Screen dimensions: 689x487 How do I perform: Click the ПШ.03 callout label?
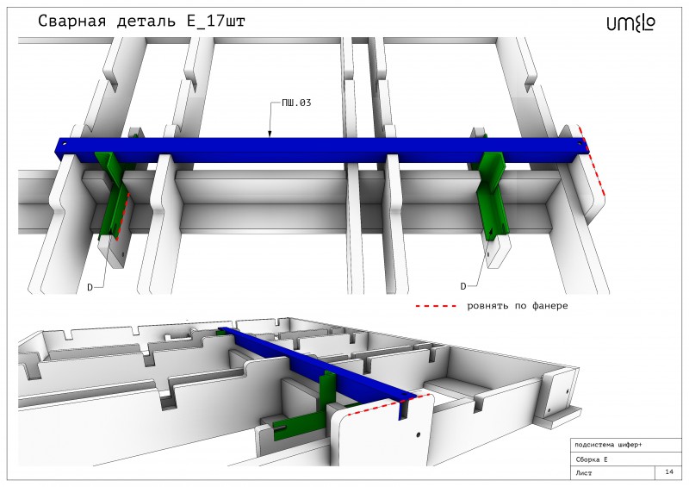pos(296,103)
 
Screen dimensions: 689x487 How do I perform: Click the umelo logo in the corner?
pos(631,23)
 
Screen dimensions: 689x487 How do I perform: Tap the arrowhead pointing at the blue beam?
pos(270,134)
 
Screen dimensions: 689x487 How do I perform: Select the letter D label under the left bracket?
pos(90,288)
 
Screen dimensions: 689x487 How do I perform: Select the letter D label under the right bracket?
pos(462,286)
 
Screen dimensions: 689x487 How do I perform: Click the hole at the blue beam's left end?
pos(64,144)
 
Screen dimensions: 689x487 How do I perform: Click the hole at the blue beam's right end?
pos(580,143)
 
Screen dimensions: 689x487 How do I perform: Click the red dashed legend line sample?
pos(437,306)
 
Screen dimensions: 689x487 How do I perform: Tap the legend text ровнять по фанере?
pos(518,306)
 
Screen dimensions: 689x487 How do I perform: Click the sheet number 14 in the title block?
pos(669,471)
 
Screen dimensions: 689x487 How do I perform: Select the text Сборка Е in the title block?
pos(592,459)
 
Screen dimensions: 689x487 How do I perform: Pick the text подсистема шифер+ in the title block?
pos(608,446)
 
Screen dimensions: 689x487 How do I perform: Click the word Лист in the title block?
pos(584,473)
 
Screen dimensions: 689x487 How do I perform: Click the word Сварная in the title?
pos(72,21)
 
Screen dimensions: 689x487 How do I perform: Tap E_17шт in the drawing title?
pos(216,21)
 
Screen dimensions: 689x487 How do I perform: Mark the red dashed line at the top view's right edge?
pos(592,160)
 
